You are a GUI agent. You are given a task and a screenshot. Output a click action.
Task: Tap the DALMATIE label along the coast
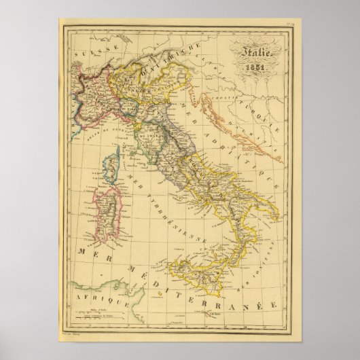[260, 134]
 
